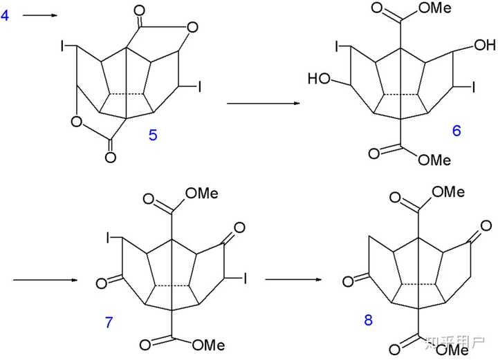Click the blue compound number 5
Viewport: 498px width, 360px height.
pos(153,135)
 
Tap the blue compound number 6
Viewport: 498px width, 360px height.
pos(456,130)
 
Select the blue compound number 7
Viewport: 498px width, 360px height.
pos(109,323)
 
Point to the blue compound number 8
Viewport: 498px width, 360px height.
pos(367,320)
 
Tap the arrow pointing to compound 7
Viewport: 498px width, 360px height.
pos(45,280)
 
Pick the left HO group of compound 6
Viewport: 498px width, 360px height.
pos(320,79)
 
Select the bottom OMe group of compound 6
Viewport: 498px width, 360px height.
pos(435,160)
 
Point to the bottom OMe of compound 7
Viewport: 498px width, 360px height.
pos(207,343)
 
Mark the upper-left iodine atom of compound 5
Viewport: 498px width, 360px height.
pos(63,47)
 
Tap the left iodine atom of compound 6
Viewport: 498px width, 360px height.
pos(339,47)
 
